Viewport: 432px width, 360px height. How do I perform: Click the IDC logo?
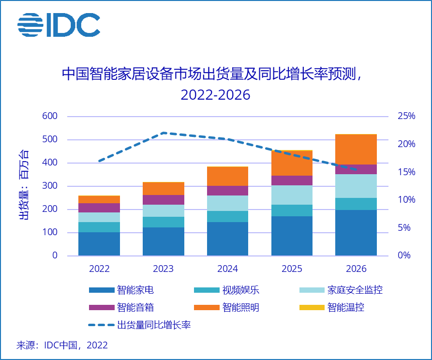pos(59,25)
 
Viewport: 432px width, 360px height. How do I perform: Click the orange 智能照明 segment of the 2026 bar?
pos(356,149)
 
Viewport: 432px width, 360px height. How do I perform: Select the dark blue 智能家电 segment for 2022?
pos(99,244)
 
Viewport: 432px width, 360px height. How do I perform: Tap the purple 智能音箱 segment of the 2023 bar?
pos(163,200)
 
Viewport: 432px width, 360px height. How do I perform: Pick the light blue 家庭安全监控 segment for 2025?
pos(292,195)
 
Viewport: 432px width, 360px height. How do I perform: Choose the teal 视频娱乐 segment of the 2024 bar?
pos(227,216)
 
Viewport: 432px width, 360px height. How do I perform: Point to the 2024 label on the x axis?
pos(227,269)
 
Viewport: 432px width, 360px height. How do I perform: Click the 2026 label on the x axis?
pos(356,269)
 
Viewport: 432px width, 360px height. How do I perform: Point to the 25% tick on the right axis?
pos(406,116)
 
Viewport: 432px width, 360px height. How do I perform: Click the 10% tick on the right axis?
pos(406,200)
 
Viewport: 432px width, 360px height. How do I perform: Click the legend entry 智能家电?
pos(135,290)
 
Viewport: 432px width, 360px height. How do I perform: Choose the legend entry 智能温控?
pos(345,307)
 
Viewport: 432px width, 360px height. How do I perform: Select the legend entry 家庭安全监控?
pos(355,290)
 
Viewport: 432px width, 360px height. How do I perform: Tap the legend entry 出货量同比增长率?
pos(154,325)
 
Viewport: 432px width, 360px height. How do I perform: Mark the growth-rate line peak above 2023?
pos(164,133)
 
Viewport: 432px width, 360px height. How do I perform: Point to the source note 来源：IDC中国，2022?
pos(62,345)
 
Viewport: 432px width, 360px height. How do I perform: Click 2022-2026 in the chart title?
pos(215,94)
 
